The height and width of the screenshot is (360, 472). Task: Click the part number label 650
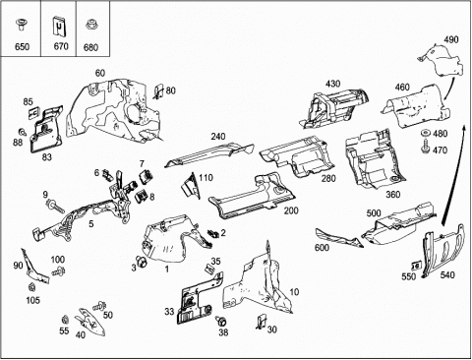click(x=22, y=47)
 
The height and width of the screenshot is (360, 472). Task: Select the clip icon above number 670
click(x=59, y=27)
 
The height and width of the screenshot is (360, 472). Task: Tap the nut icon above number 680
click(x=90, y=25)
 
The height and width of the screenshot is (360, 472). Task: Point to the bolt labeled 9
click(x=56, y=207)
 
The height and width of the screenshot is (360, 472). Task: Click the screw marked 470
click(x=426, y=147)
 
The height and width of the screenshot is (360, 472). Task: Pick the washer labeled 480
click(x=426, y=134)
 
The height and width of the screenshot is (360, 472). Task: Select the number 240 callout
click(x=218, y=137)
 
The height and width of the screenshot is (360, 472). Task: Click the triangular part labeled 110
click(x=191, y=185)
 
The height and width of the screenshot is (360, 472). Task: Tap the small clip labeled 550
click(x=416, y=266)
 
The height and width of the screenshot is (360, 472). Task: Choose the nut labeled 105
click(x=32, y=287)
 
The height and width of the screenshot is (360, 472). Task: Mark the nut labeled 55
click(x=65, y=319)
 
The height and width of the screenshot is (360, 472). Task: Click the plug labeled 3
click(x=142, y=262)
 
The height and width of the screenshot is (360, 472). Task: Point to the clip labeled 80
click(x=159, y=91)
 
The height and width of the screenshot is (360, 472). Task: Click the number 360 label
click(x=392, y=195)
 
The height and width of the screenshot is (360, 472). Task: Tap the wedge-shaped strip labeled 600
click(x=338, y=239)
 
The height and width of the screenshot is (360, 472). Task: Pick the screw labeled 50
click(x=99, y=307)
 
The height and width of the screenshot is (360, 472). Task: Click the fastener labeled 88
click(x=24, y=132)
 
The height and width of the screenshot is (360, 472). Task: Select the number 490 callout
click(x=451, y=39)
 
